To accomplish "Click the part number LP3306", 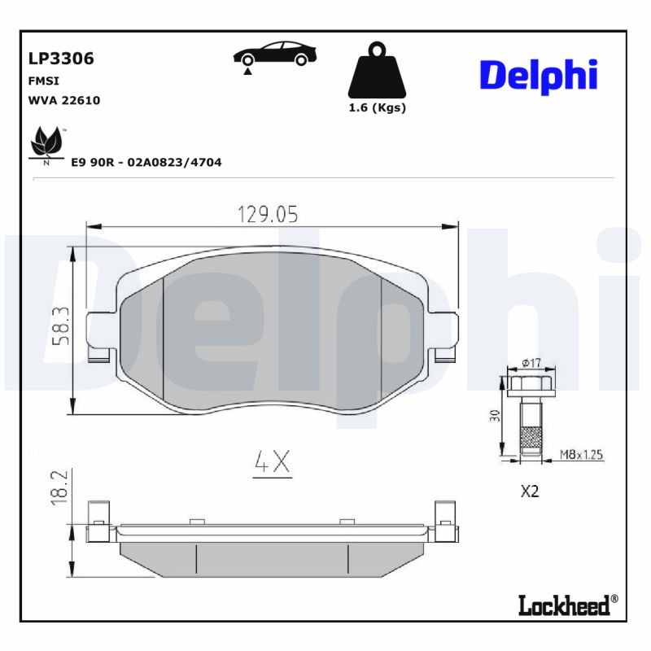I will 61,59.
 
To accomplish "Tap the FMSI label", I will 44,81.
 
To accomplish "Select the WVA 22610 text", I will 64,100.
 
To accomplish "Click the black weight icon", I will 376,70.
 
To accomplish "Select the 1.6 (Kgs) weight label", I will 377,108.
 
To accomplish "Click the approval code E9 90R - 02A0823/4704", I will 146,163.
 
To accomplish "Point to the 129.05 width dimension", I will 268,214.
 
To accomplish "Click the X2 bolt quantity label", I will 530,492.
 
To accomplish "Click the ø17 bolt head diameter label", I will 531,363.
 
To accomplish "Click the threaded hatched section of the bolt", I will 530,440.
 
